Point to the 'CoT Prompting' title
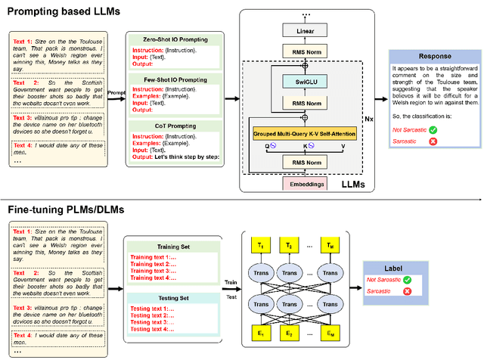(x=173, y=126)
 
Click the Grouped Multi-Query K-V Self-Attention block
(x=305, y=134)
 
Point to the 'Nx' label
(x=368, y=119)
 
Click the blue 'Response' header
(x=431, y=55)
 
